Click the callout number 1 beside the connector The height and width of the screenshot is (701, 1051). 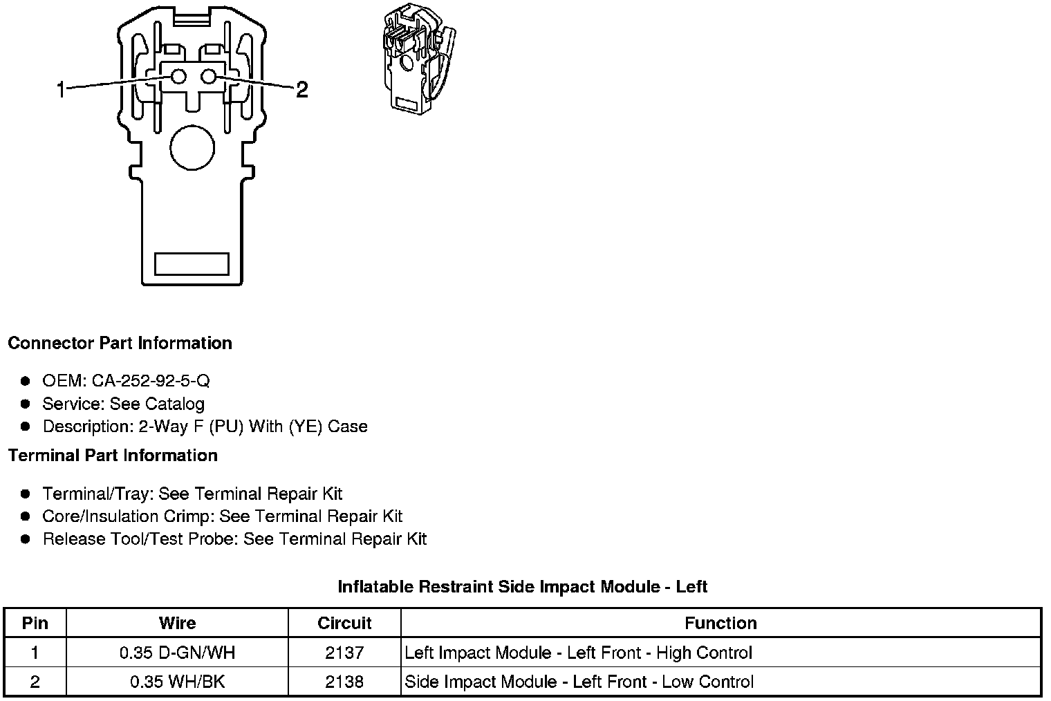coord(62,89)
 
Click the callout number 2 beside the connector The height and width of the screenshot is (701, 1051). coord(301,89)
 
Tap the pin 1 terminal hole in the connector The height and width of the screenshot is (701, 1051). coord(178,77)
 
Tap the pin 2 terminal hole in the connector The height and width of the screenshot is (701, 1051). coord(210,77)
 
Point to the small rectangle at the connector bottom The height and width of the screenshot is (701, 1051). coord(192,263)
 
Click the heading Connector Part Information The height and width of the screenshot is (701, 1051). coord(120,343)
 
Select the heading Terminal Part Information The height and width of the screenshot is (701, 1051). coord(113,455)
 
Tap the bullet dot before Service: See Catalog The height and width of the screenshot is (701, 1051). coord(26,404)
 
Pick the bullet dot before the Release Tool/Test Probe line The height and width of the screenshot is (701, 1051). coord(26,539)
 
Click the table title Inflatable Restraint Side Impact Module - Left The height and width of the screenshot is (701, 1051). coord(522,587)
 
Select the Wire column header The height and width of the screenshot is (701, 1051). coord(177,623)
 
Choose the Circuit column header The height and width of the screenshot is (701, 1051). coord(344,623)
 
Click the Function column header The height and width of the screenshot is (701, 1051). coord(720,623)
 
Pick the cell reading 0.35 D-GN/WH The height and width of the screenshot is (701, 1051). coord(177,653)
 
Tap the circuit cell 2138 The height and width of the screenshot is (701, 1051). coord(344,682)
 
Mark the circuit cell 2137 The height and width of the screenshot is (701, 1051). coord(344,653)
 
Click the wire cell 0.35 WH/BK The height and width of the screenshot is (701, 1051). coord(177,682)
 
